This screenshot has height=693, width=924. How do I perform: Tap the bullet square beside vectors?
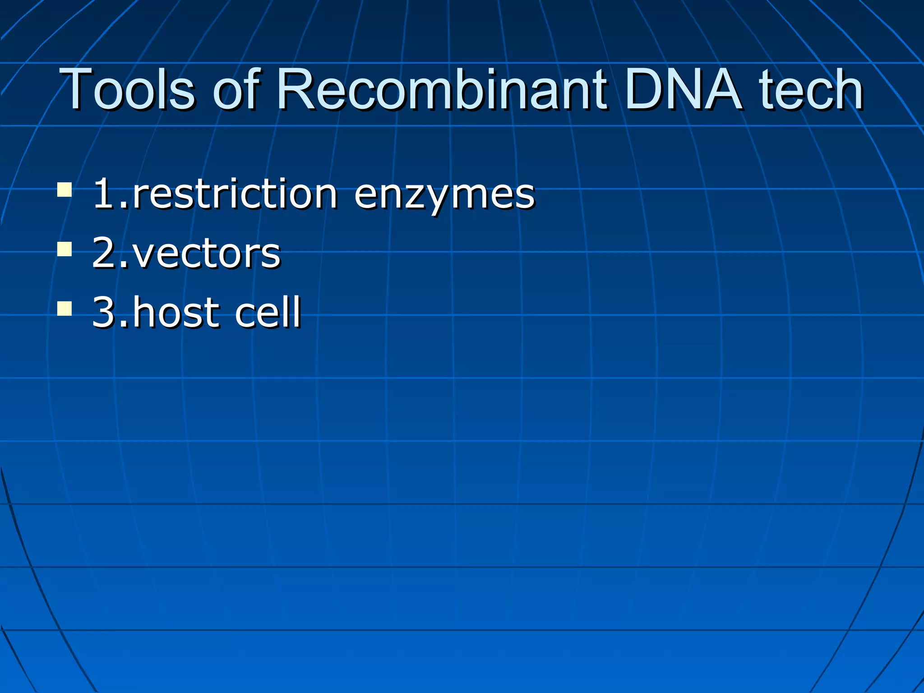[65, 249]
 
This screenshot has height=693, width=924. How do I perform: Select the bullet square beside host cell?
[65, 309]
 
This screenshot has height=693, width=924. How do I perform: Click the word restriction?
[235, 194]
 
